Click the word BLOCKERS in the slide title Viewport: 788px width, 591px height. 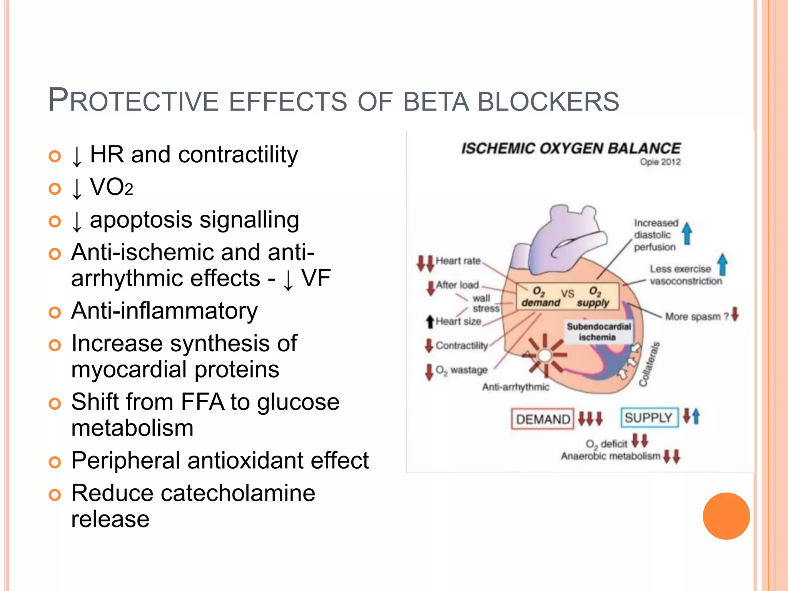tap(548, 102)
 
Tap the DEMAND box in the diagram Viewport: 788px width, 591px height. tap(543, 419)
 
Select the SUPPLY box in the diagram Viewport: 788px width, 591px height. tap(649, 417)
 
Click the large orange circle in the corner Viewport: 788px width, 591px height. tap(726, 516)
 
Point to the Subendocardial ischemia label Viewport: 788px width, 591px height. tap(598, 332)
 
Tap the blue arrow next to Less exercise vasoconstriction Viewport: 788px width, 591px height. tap(723, 265)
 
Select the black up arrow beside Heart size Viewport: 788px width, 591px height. tap(430, 322)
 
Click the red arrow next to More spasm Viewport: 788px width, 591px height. tap(735, 314)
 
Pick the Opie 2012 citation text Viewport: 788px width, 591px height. tap(660, 162)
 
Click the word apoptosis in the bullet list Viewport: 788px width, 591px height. tap(141, 220)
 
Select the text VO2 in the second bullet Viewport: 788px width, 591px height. tap(111, 187)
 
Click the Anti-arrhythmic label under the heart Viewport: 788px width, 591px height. tap(516, 387)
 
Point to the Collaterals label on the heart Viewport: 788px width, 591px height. tap(649, 364)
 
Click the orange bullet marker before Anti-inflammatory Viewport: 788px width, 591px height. tap(55, 312)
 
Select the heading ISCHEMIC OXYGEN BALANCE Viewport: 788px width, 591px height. tap(571, 149)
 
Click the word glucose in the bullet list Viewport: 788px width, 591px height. tap(298, 402)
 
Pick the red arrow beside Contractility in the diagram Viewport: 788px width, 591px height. tap(429, 346)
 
